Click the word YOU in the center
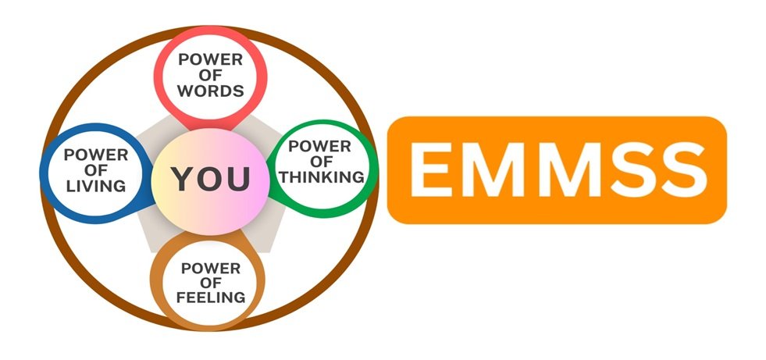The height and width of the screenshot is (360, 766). (x=212, y=179)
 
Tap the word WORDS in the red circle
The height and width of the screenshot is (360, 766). (x=210, y=90)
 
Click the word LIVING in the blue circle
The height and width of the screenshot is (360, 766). (x=96, y=186)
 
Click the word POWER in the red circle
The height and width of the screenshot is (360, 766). (x=210, y=59)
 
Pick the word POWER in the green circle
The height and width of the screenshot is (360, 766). (x=320, y=146)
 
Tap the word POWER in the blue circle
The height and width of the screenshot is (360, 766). (x=96, y=154)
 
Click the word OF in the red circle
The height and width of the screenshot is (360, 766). (x=210, y=74)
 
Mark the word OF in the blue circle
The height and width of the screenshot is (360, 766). (x=95, y=169)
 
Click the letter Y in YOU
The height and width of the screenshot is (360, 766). (x=184, y=179)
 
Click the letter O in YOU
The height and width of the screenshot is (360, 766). (x=212, y=179)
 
